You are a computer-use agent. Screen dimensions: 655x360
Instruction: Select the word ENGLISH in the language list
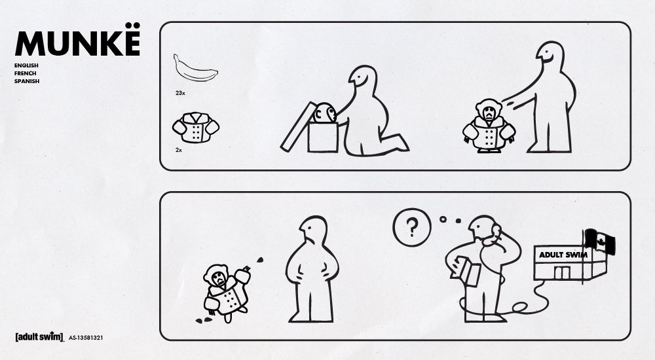tap(26, 65)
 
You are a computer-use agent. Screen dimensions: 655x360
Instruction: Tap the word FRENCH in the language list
tap(25, 73)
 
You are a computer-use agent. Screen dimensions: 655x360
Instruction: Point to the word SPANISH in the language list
tap(27, 81)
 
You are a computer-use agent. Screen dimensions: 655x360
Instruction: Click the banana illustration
tap(195, 69)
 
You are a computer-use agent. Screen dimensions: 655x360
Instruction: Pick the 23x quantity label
tap(180, 93)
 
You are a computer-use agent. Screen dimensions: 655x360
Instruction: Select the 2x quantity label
tap(178, 150)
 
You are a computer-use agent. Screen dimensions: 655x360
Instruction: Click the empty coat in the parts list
tap(195, 128)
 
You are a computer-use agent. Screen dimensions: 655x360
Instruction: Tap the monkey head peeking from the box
tap(324, 113)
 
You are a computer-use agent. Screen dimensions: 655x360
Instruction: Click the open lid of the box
tap(298, 126)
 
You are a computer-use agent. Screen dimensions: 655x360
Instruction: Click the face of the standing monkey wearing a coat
tap(488, 113)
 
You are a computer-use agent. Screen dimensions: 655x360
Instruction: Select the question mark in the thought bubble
tap(412, 227)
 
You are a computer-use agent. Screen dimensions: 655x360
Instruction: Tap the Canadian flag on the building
tap(600, 242)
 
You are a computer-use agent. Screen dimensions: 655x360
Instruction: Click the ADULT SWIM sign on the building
tap(563, 255)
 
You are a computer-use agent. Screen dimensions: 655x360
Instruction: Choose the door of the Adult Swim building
tap(562, 273)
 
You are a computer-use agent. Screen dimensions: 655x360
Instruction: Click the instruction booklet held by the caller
tap(465, 271)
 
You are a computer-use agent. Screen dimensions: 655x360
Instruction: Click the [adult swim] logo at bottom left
tap(39, 336)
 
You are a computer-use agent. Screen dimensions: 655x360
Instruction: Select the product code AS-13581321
tap(86, 338)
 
